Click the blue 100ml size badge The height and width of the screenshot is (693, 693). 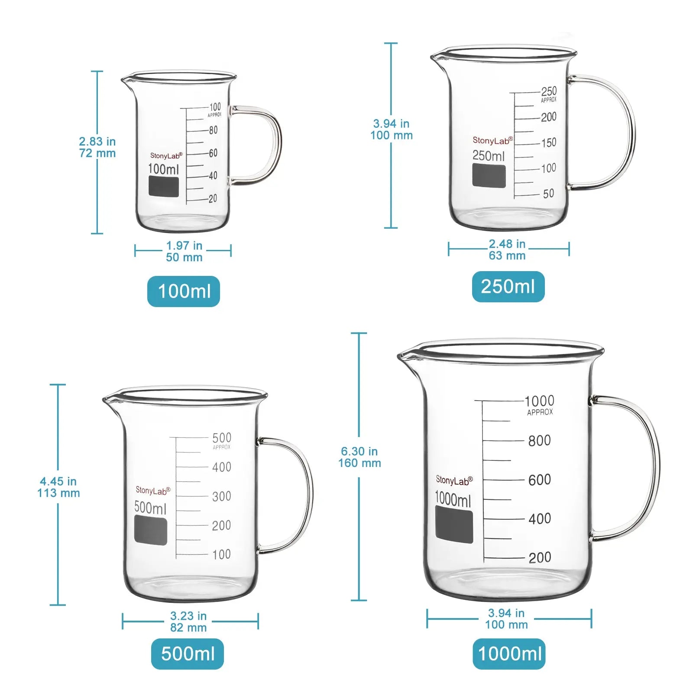(184, 291)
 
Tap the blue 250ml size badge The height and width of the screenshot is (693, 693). (508, 287)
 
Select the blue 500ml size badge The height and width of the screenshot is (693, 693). (188, 654)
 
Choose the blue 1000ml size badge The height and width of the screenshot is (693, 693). (509, 654)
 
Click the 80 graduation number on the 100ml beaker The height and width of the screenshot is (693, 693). (213, 130)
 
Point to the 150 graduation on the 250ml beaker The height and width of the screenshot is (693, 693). (549, 142)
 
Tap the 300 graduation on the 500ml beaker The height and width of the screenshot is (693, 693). (221, 496)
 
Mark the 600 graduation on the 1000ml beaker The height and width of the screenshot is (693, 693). (539, 479)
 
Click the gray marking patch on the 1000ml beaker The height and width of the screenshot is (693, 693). (454, 525)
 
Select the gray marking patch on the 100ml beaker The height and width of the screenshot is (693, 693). (164, 186)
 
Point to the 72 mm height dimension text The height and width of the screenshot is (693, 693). (97, 153)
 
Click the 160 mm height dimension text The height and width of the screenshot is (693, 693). (359, 463)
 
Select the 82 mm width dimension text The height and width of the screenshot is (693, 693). (188, 628)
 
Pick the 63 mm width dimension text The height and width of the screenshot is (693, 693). (507, 256)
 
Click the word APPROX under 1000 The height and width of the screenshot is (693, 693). (540, 412)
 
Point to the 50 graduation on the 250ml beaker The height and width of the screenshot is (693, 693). (548, 194)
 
